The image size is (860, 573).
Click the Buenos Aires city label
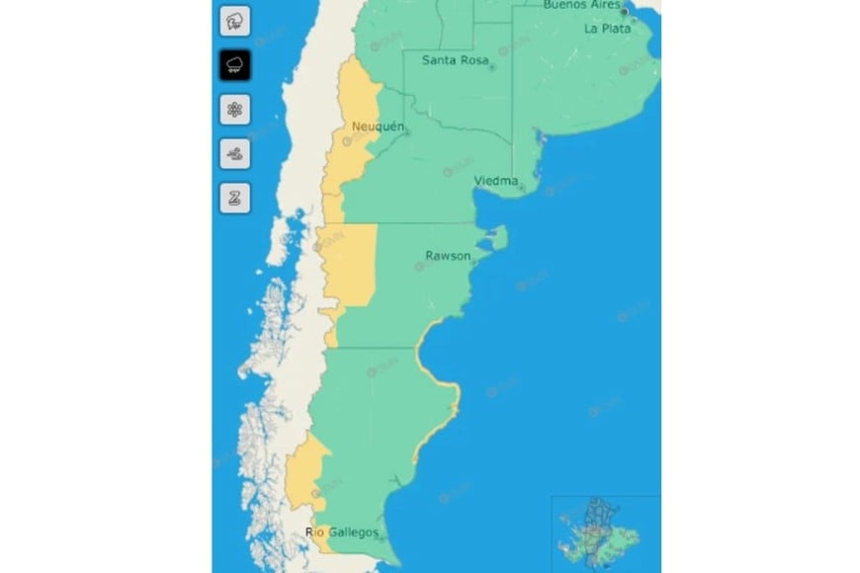(581, 5)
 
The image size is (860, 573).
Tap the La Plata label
(606, 29)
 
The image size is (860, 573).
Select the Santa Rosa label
(454, 60)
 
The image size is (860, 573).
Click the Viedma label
(495, 181)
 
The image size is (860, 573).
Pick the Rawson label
(447, 255)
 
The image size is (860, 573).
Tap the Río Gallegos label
(342, 532)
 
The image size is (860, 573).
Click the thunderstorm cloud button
(234, 20)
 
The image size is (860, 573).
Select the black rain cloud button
(234, 65)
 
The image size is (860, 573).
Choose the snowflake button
(234, 110)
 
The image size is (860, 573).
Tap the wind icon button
(234, 153)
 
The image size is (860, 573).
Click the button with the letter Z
(234, 198)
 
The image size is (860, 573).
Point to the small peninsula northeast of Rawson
(498, 237)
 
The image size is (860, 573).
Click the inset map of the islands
(604, 532)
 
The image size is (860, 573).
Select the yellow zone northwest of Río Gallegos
(307, 469)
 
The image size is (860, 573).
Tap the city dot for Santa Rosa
(492, 68)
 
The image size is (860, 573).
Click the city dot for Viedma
(522, 188)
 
